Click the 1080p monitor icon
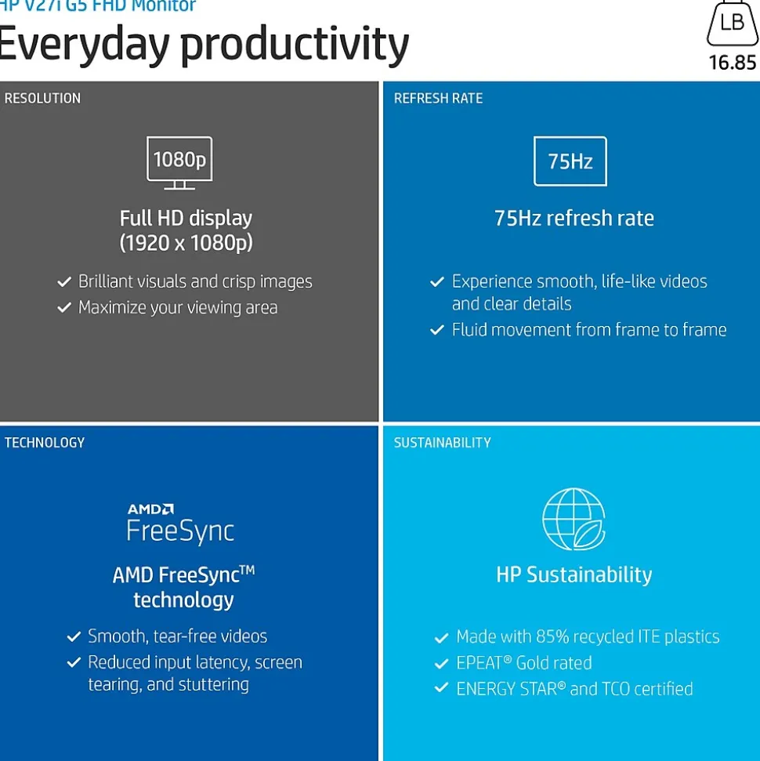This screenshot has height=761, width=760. click(179, 163)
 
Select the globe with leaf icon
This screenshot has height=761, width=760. click(574, 519)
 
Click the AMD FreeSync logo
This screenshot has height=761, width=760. click(180, 523)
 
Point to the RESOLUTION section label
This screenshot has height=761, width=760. click(43, 98)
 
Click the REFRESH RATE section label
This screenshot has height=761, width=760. click(438, 98)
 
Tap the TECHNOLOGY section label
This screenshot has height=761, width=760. click(45, 443)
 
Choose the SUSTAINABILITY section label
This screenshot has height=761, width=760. click(442, 443)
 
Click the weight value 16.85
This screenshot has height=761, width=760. click(733, 63)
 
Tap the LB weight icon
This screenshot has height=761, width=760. click(733, 23)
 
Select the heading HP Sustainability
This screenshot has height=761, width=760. click(574, 574)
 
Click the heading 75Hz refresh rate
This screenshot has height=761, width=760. click(574, 219)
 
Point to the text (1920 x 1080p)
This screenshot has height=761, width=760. click(186, 243)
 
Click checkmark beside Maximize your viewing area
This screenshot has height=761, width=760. click(64, 307)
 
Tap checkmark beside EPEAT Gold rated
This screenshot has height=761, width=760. click(441, 663)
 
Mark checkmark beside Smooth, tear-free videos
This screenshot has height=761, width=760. click(74, 636)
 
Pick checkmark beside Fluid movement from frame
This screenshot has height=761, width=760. click(436, 330)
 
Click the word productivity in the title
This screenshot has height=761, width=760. click(295, 46)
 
